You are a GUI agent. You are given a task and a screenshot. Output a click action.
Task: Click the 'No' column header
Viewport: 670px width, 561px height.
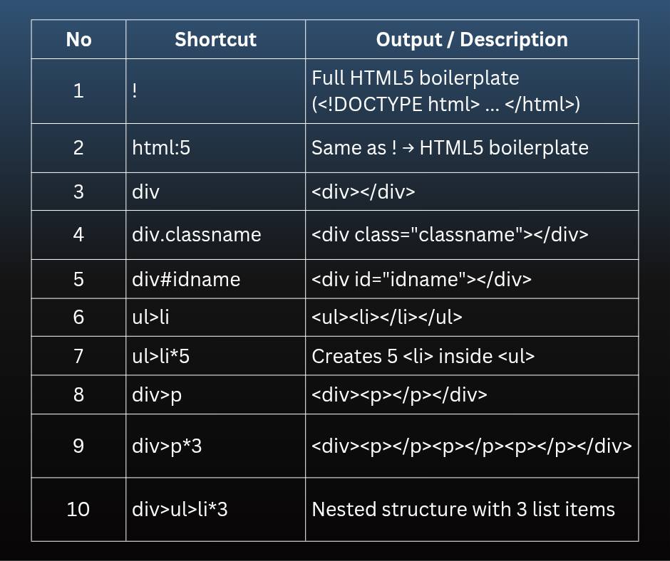78,40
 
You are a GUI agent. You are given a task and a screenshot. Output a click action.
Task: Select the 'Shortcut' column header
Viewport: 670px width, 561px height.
215,40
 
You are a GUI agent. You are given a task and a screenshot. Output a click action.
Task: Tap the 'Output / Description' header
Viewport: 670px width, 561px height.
472,40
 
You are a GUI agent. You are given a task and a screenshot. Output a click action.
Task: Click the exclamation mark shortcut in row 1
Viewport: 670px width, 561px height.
135,90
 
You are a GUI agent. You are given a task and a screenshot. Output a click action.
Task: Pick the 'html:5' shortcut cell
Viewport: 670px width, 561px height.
161,147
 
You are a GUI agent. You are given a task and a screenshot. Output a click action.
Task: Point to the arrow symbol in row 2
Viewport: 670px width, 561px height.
408,148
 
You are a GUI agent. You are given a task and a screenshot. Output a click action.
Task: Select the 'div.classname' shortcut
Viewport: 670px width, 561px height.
197,234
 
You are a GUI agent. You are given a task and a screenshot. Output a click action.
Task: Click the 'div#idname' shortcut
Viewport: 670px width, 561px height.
186,279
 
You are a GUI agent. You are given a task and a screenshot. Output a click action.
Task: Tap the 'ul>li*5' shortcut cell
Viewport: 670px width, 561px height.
160,356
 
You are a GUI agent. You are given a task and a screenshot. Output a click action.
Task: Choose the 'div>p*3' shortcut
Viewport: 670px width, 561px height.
167,446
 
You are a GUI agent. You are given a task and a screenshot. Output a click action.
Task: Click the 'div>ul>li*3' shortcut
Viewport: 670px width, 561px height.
180,509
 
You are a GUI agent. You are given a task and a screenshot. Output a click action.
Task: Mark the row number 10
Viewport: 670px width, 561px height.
78,509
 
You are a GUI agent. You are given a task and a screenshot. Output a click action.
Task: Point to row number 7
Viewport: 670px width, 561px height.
78,356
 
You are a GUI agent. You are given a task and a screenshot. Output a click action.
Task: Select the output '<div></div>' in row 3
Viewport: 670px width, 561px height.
364,192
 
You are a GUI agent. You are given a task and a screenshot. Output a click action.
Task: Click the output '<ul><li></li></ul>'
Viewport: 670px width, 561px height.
387,317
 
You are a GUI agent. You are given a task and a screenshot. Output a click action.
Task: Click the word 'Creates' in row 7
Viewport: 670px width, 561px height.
346,356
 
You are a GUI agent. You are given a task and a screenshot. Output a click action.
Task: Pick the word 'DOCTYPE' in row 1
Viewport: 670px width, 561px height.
378,104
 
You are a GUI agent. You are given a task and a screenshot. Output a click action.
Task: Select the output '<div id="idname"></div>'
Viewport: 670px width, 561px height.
422,279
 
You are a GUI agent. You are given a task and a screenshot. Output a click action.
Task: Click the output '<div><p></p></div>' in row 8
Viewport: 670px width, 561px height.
400,395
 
